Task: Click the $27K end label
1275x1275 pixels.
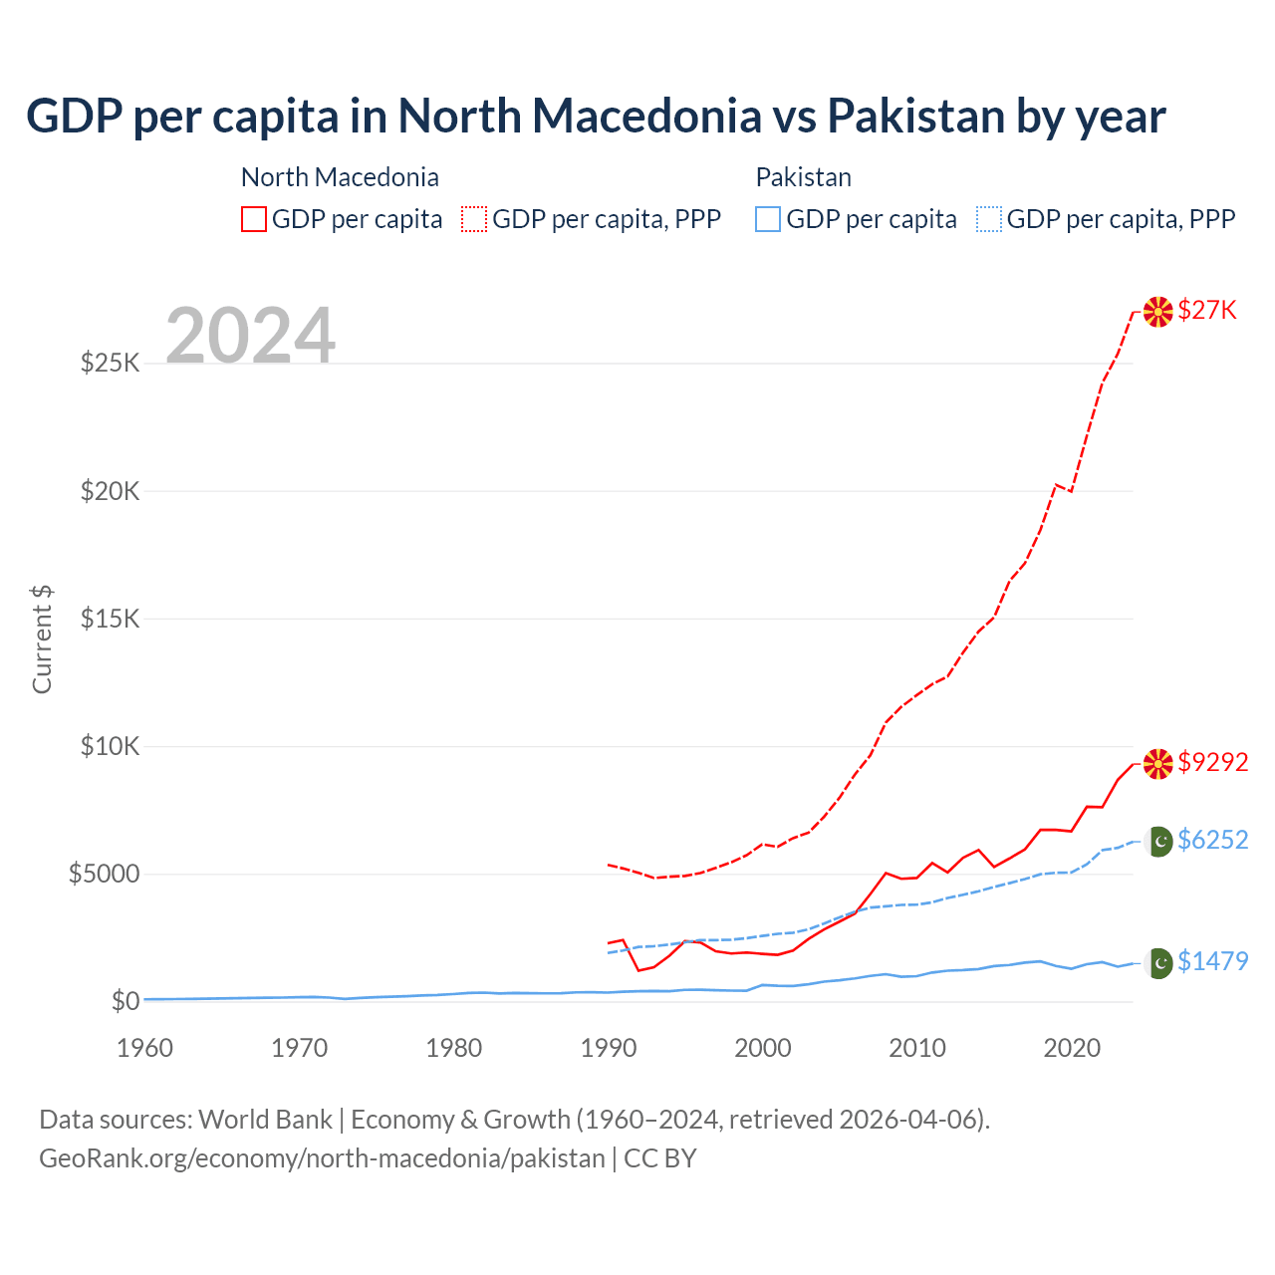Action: tap(1206, 311)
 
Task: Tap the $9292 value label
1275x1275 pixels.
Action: tap(1212, 762)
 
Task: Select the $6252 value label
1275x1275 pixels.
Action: tap(1212, 840)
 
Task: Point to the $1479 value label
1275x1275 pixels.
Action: tap(1212, 961)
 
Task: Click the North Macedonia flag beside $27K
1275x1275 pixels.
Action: tap(1157, 312)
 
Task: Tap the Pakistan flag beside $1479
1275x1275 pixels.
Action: tap(1158, 963)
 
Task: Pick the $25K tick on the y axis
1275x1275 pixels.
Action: tap(110, 363)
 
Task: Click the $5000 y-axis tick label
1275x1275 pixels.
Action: tap(104, 874)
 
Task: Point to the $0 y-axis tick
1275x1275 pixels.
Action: tap(125, 1001)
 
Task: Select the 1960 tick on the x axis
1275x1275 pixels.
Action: tap(144, 1048)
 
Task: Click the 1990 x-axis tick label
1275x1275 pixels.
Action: tap(608, 1048)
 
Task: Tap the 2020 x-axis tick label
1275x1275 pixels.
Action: tap(1072, 1048)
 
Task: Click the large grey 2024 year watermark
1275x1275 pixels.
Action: tap(250, 336)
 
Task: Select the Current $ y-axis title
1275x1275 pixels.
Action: tap(42, 639)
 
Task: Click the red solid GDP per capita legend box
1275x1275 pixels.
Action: tap(254, 219)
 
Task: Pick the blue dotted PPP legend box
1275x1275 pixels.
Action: tap(988, 219)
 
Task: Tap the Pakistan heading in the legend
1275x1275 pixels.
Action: tap(803, 177)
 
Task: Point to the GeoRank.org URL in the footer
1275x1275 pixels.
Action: tap(322, 1158)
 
